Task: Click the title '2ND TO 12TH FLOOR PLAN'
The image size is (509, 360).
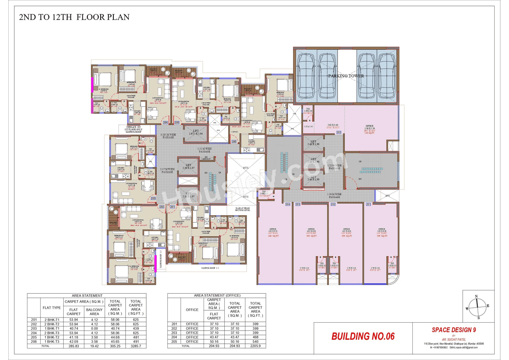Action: pos(74,18)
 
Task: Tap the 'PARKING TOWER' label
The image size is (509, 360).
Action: pos(346,76)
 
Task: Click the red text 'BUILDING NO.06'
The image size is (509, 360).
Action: pos(363,337)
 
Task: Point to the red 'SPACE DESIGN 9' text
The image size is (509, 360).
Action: pos(454,330)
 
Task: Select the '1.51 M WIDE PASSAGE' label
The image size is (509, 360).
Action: pos(204,150)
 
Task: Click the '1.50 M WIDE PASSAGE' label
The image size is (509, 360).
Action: pos(334,195)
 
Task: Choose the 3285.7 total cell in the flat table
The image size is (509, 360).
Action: pos(136,346)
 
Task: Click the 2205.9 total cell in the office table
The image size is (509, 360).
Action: pos(255,346)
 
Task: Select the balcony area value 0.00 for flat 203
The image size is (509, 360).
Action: pos(94,329)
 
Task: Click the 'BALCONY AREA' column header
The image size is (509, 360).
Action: pos(94,311)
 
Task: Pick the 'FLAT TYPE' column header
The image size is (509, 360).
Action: pos(52,307)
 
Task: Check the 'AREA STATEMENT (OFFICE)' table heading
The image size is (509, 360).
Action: pos(217,296)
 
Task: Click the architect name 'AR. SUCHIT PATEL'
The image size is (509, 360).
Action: pos(454,339)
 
